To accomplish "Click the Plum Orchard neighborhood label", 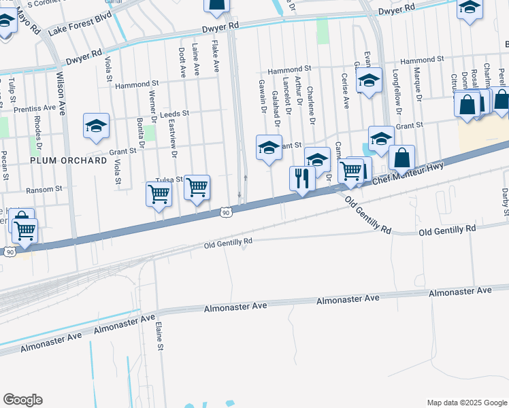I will tap(68, 160).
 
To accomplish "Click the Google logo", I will tap(22, 400).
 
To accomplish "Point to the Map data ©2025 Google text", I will tap(466, 403).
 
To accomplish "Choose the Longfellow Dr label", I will tap(395, 84).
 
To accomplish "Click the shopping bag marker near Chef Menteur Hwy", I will tap(402, 158).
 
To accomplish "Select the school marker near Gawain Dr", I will tap(269, 147).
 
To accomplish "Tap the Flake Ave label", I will tap(215, 57).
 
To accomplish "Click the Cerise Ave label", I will tap(345, 91).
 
